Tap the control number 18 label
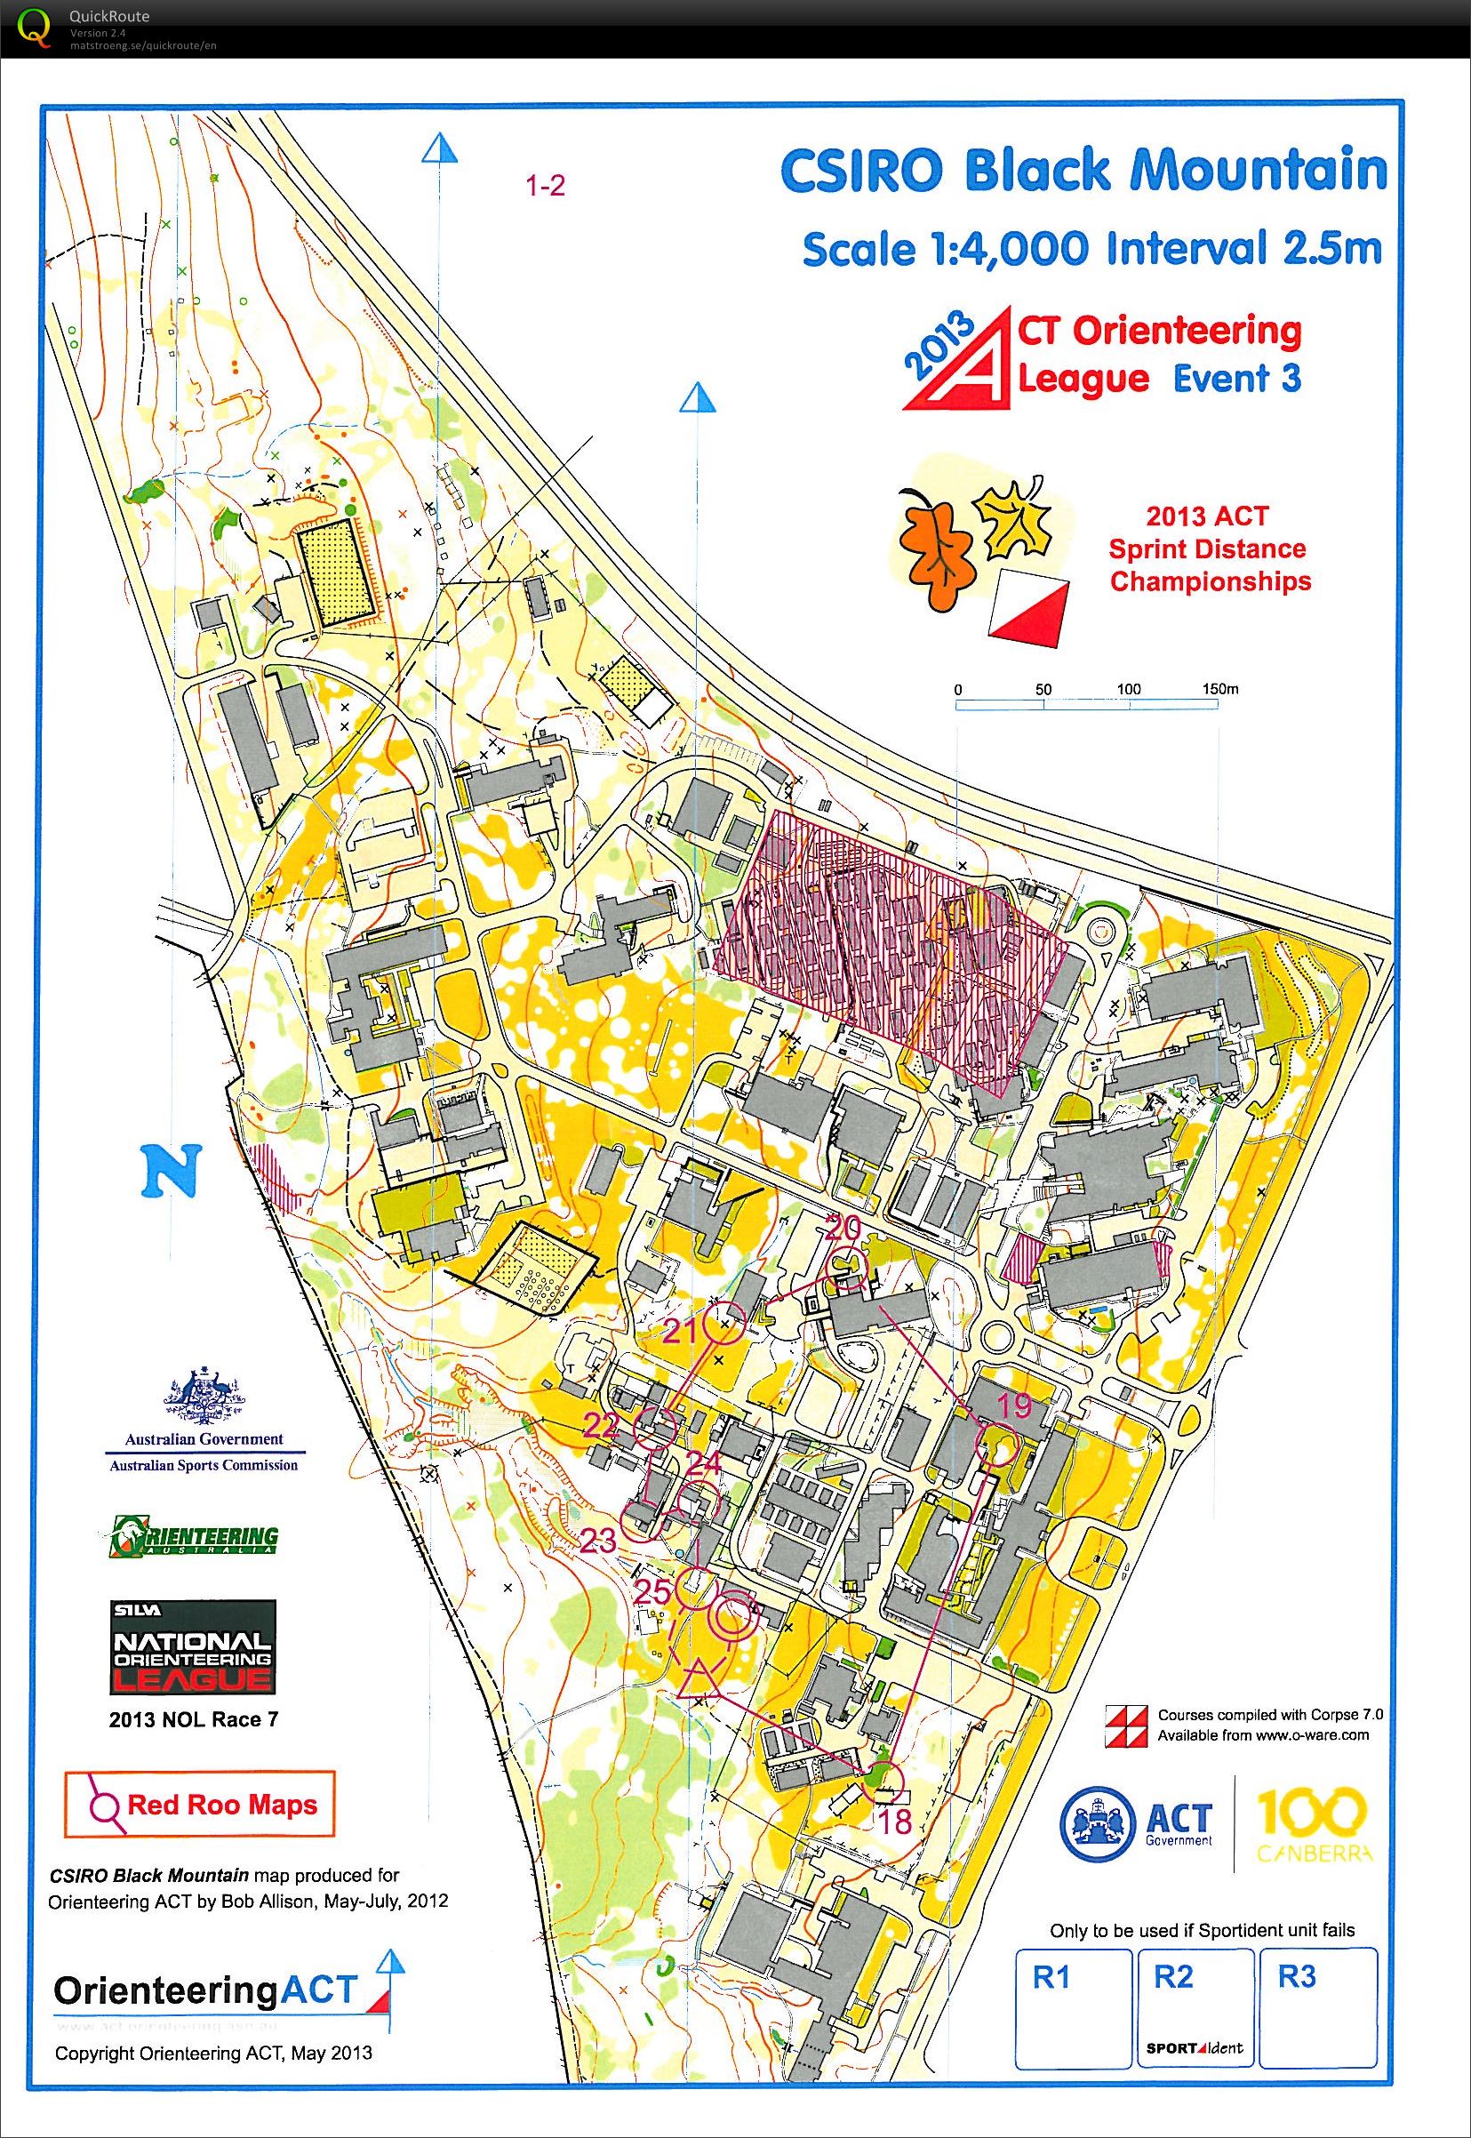point(896,1821)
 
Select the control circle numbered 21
point(724,1323)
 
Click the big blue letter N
point(171,1170)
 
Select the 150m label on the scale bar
point(1220,689)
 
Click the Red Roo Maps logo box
point(199,1805)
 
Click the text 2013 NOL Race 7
point(193,1719)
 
